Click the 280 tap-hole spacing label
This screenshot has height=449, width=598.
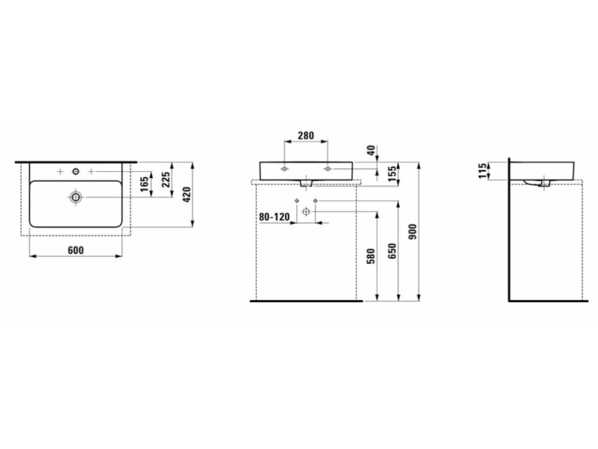tap(305, 136)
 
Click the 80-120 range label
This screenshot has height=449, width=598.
tap(274, 217)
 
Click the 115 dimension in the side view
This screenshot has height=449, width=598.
tap(483, 171)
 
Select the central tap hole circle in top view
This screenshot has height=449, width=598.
tap(75, 171)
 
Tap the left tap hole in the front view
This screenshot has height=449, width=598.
tap(284, 169)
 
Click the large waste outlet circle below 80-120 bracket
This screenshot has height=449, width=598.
tap(305, 211)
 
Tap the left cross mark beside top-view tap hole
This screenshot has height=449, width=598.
tap(61, 171)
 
